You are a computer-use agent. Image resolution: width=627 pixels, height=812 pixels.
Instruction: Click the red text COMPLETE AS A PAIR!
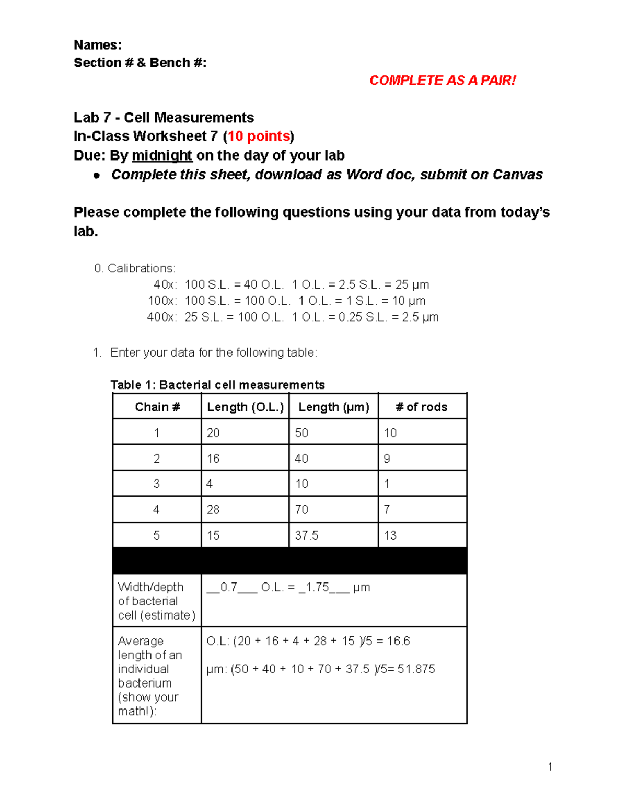point(442,81)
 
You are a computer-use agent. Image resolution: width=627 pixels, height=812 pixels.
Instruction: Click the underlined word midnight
point(162,156)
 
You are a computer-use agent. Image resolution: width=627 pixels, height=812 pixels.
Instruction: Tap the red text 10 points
point(259,136)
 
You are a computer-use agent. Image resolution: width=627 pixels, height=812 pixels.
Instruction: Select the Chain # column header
point(157,407)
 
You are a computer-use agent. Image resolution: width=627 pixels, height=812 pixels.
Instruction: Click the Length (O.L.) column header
point(245,407)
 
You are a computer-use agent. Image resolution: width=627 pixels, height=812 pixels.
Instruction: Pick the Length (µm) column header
point(333,407)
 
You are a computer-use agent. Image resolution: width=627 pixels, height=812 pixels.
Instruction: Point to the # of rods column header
point(422,407)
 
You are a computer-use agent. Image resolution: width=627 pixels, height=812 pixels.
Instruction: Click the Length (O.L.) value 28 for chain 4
point(213,509)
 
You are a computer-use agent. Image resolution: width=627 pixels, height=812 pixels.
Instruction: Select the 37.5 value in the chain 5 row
point(306,535)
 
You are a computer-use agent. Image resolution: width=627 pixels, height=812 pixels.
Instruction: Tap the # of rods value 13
point(390,535)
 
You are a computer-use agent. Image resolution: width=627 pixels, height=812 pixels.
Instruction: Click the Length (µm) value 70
point(301,509)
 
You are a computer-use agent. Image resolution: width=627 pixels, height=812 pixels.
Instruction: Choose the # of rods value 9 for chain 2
point(387,459)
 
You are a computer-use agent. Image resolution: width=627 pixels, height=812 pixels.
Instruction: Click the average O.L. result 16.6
point(398,641)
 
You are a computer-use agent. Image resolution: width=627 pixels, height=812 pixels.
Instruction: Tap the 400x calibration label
point(162,317)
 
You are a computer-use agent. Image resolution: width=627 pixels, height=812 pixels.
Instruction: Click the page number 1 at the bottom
point(550,767)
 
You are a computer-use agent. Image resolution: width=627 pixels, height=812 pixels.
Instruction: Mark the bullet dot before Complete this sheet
point(96,176)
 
